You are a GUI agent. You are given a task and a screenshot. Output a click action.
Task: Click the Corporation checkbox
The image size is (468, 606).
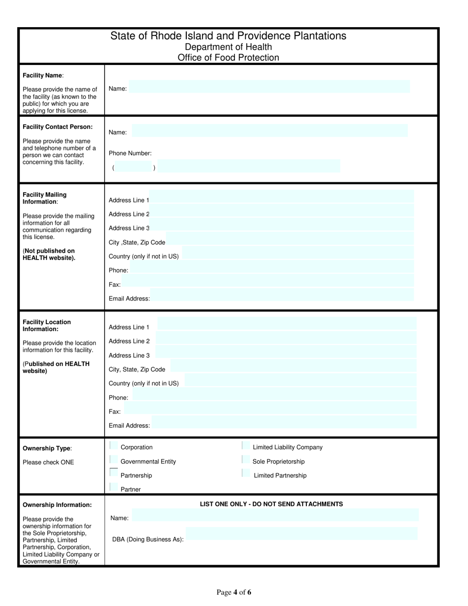tap(114, 446)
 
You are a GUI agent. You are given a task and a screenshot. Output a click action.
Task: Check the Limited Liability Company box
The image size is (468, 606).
tap(245, 446)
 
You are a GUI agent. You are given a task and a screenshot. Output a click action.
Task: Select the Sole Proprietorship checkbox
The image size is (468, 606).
tap(245, 460)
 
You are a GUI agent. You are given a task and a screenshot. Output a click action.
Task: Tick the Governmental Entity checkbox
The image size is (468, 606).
tap(114, 460)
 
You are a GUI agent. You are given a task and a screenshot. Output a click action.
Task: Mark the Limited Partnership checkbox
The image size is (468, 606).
tap(245, 474)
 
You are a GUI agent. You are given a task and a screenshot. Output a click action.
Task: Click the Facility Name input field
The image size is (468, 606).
tap(269, 87)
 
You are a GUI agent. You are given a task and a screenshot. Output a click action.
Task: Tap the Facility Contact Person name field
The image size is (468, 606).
tap(270, 131)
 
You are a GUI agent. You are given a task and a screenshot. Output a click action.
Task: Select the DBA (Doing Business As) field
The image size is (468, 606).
tap(301, 534)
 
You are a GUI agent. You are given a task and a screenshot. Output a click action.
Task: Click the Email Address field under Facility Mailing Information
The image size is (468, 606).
tap(282, 295)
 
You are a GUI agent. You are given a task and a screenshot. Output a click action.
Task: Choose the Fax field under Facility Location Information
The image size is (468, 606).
tap(269, 408)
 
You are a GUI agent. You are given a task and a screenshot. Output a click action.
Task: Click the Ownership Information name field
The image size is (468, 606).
tap(276, 515)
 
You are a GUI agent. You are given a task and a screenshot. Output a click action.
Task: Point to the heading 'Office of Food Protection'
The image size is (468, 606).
tap(228, 58)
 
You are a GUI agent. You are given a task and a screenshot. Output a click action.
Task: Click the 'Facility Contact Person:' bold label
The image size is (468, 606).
tap(58, 127)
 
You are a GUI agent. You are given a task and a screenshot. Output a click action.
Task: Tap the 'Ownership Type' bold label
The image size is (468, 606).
tap(47, 448)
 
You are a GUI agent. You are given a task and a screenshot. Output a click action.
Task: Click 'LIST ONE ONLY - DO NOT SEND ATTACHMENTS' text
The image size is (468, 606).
tap(271, 504)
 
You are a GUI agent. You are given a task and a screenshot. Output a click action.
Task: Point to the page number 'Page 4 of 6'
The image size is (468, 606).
tap(234, 592)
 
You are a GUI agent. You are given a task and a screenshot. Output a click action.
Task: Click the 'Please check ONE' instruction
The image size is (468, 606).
tap(48, 462)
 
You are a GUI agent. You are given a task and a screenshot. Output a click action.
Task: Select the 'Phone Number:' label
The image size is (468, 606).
tap(130, 153)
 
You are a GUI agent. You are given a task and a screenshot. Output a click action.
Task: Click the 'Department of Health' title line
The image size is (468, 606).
tap(228, 47)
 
